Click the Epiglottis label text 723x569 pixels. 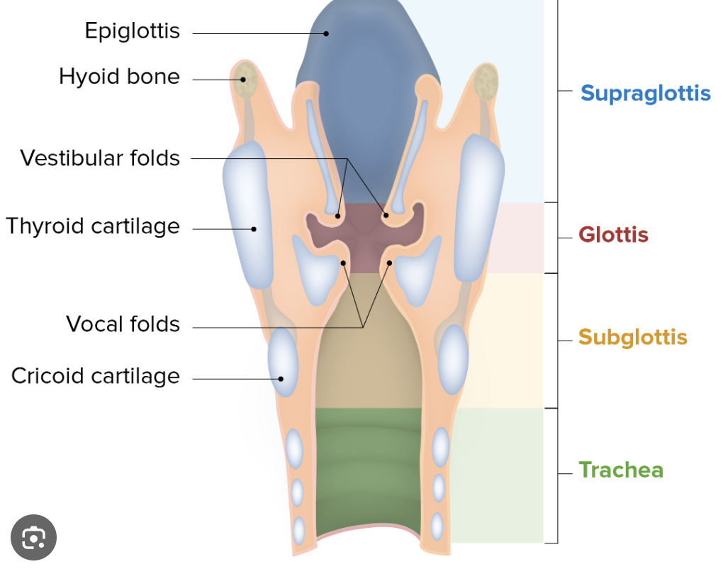click(x=132, y=31)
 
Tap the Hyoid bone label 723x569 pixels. click(x=119, y=77)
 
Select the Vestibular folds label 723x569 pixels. click(x=100, y=158)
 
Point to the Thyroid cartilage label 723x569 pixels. click(x=93, y=226)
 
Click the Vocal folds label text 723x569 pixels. click(x=123, y=324)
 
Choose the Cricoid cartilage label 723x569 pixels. click(x=96, y=375)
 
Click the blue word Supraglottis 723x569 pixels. click(x=645, y=93)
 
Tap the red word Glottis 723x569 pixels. click(x=613, y=234)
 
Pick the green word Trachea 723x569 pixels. click(x=621, y=470)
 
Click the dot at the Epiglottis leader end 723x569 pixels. click(x=327, y=33)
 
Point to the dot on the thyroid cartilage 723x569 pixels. click(x=254, y=228)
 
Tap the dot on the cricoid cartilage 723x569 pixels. click(x=281, y=378)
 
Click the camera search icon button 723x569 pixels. click(x=33, y=538)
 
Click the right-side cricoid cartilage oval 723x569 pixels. click(x=453, y=359)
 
